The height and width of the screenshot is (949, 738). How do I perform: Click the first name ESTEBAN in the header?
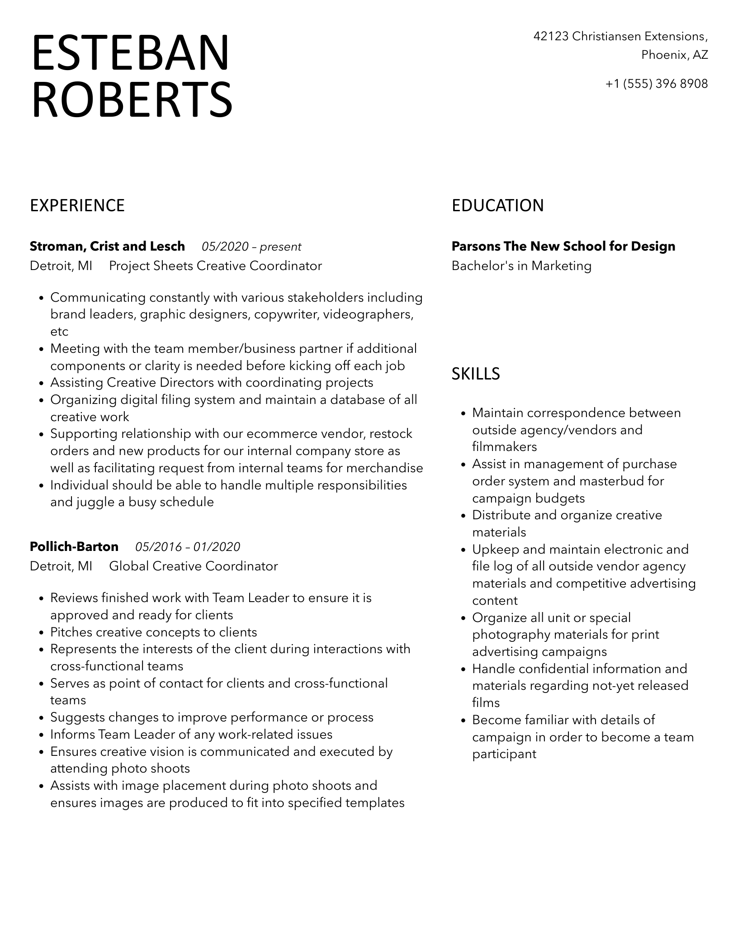point(131,53)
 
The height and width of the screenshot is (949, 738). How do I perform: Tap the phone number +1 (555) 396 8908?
point(657,84)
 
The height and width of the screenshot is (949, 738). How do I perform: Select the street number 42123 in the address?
point(551,36)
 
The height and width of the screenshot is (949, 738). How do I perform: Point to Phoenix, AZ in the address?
point(675,55)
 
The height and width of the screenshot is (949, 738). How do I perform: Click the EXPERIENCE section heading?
point(77,206)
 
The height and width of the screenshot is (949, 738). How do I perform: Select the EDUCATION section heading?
point(497,206)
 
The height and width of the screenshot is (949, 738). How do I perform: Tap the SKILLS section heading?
point(476,374)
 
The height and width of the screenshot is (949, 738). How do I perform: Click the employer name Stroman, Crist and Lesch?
point(107,247)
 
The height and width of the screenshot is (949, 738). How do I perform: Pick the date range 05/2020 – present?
point(251,247)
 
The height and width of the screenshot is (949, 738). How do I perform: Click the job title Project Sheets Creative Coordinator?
point(215,266)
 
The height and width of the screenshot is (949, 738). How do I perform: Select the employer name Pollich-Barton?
point(74,547)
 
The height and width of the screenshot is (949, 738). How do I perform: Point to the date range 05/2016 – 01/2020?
point(188,547)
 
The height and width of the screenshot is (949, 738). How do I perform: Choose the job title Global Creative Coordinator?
point(194,566)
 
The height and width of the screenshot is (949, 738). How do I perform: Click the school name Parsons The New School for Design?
point(563,247)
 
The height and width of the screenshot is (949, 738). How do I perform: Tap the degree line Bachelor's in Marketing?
point(521,266)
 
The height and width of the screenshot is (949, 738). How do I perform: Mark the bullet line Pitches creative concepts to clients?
point(154,632)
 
